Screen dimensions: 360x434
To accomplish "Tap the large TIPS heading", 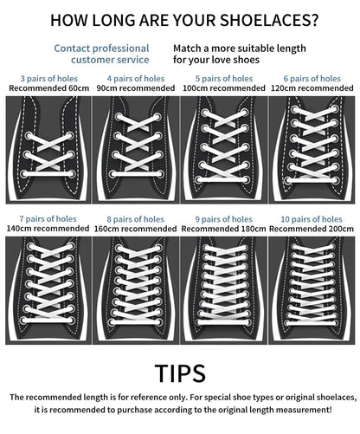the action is (180, 373).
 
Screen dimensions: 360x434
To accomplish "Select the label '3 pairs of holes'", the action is (48, 79).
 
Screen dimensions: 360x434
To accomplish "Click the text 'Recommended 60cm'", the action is (48, 88).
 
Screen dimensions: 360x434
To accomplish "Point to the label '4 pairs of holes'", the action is (136, 79).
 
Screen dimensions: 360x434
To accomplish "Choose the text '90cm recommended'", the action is (136, 88).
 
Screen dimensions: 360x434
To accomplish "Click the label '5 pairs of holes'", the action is (224, 79).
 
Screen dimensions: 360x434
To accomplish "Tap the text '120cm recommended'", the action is (312, 88).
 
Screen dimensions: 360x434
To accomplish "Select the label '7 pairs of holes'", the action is (48, 219).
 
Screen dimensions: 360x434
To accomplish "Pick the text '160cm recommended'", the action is (135, 229).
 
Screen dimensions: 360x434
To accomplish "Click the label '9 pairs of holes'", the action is (223, 219).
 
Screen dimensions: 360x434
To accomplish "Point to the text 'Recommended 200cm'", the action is (312, 229).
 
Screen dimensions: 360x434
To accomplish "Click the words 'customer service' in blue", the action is (110, 60).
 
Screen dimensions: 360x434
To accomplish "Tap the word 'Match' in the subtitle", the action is (187, 49).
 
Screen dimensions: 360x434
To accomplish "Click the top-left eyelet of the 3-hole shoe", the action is (29, 135).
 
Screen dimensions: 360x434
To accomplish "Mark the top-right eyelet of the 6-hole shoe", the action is (335, 109).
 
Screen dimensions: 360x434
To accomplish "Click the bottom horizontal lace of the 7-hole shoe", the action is (48, 321).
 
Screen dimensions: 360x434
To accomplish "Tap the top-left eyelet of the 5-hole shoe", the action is (205, 113).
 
